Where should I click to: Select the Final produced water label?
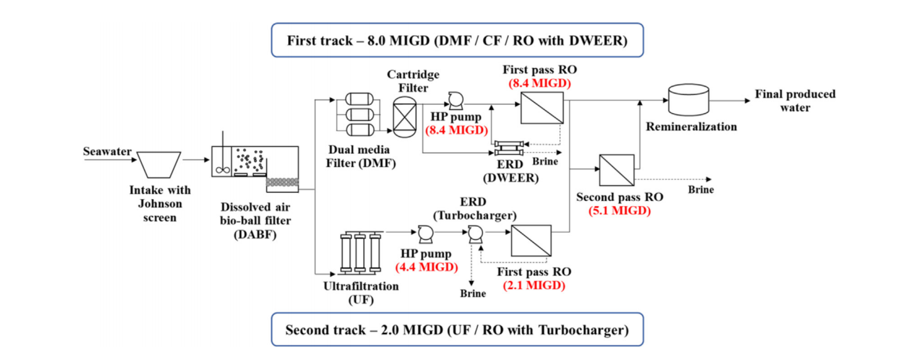tap(795, 101)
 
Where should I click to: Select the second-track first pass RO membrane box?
tap(531, 240)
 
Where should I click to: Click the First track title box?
tap(457, 41)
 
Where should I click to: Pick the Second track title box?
tap(457, 330)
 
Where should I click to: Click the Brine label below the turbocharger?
tap(472, 293)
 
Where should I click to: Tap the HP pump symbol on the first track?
tap(454, 100)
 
